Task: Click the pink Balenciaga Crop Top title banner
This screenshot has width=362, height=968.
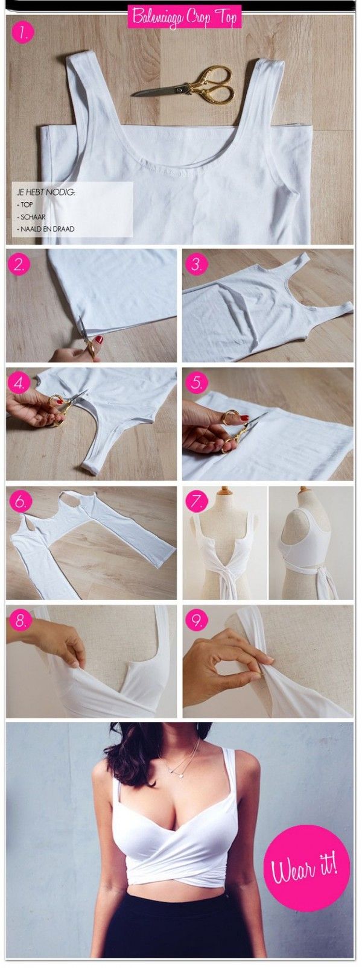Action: click(184, 17)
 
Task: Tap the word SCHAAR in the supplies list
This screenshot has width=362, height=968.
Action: click(29, 217)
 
